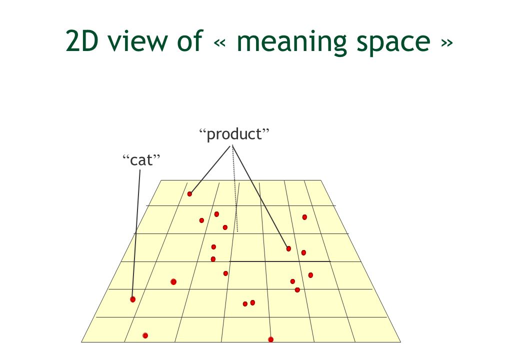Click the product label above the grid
coord(234,134)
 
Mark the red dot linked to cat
coord(132,299)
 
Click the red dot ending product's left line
coord(189,194)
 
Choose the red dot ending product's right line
coord(288,248)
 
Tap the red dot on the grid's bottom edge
coord(270,339)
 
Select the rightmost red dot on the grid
coord(310,275)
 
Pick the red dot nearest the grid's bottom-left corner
coord(145,335)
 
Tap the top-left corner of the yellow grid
coord(160,180)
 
